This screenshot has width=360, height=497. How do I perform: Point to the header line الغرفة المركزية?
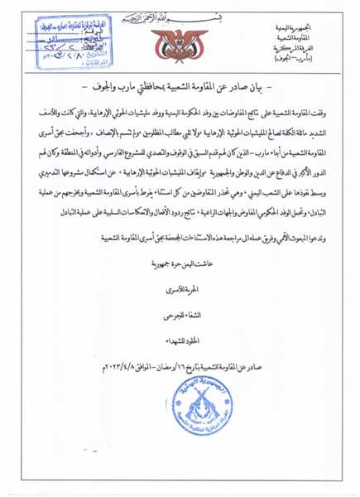pyautogui.click(x=300, y=49)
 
